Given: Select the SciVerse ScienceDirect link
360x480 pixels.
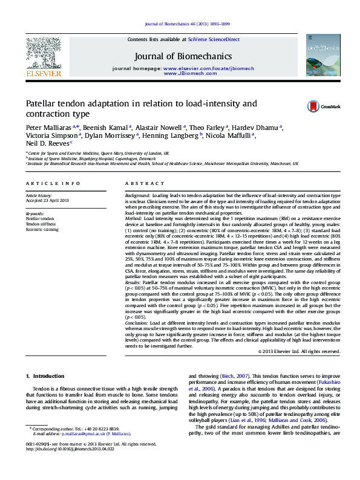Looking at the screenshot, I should (x=214, y=39).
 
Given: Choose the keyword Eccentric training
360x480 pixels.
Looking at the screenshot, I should (x=42, y=229).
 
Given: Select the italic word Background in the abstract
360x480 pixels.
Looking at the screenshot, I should (x=137, y=196).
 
